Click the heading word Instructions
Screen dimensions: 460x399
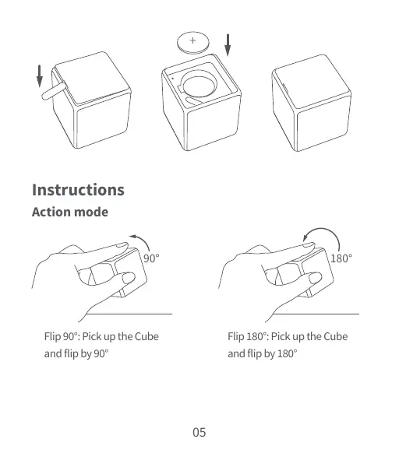pyautogui.click(x=78, y=190)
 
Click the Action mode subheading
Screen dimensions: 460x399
pyautogui.click(x=69, y=212)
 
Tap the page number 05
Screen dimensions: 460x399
pyautogui.click(x=199, y=432)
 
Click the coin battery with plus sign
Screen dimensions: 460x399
pyautogui.click(x=192, y=41)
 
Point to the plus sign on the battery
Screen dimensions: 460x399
pyautogui.click(x=192, y=40)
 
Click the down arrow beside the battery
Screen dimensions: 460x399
pyautogui.click(x=228, y=45)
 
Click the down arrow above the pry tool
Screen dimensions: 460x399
pyautogui.click(x=39, y=76)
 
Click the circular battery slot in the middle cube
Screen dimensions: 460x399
pyautogui.click(x=200, y=86)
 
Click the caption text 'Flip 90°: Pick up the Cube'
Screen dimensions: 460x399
pyautogui.click(x=101, y=336)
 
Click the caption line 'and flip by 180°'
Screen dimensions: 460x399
pyautogui.click(x=263, y=353)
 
